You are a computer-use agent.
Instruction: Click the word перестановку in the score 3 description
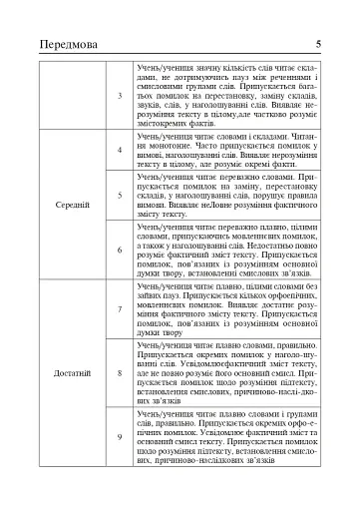215,86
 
